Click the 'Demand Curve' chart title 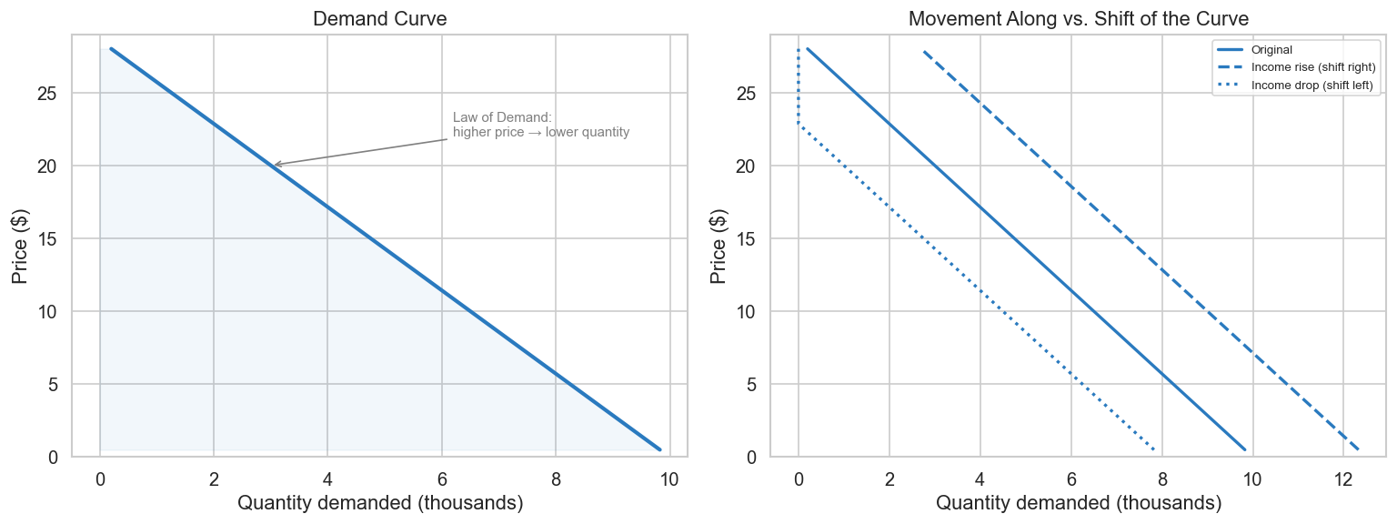click(379, 19)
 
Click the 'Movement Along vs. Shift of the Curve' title click(1078, 19)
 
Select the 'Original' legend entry click(1271, 50)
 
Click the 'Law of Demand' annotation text click(540, 125)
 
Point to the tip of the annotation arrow click(274, 166)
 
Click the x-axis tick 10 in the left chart click(669, 479)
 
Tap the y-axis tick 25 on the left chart click(45, 94)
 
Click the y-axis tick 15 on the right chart click(744, 239)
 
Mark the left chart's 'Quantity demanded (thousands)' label click(379, 503)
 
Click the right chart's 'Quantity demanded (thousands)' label click(1078, 503)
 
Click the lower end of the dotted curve click(1153, 449)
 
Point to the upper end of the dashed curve click(924, 52)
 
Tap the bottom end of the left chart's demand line click(659, 449)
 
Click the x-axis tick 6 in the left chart click(442, 479)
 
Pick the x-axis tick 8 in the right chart click(1161, 479)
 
